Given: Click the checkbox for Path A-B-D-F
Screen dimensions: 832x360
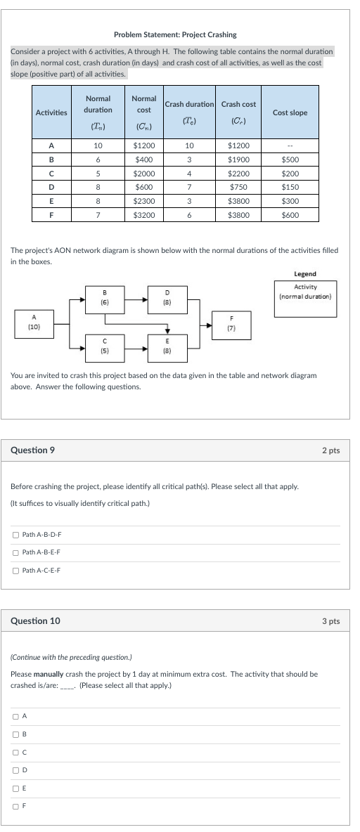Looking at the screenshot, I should pyautogui.click(x=15, y=535).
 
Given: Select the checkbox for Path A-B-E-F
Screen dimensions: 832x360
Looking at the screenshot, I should pyautogui.click(x=15, y=552).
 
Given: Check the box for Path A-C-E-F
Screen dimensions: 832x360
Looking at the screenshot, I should pyautogui.click(x=15, y=570).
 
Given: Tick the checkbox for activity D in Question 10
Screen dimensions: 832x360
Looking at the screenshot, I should pyautogui.click(x=15, y=770).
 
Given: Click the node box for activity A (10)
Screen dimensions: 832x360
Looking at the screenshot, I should pyautogui.click(x=33, y=324).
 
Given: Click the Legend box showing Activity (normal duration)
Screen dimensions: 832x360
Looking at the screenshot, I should pyautogui.click(x=304, y=292).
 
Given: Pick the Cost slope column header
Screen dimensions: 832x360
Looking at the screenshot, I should pyautogui.click(x=290, y=112).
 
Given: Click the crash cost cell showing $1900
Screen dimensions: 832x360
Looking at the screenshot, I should pyautogui.click(x=239, y=160).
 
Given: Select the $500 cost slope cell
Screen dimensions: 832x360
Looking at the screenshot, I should pyautogui.click(x=290, y=160).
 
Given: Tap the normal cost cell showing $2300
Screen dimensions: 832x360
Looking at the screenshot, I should pyautogui.click(x=144, y=201).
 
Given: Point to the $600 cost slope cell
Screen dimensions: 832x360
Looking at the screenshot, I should pyautogui.click(x=290, y=215).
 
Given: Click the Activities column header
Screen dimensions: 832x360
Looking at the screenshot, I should pyautogui.click(x=51, y=112).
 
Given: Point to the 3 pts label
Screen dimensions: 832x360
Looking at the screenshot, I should pyautogui.click(x=330, y=621).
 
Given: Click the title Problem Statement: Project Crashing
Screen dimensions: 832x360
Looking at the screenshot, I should pyautogui.click(x=175, y=34).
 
